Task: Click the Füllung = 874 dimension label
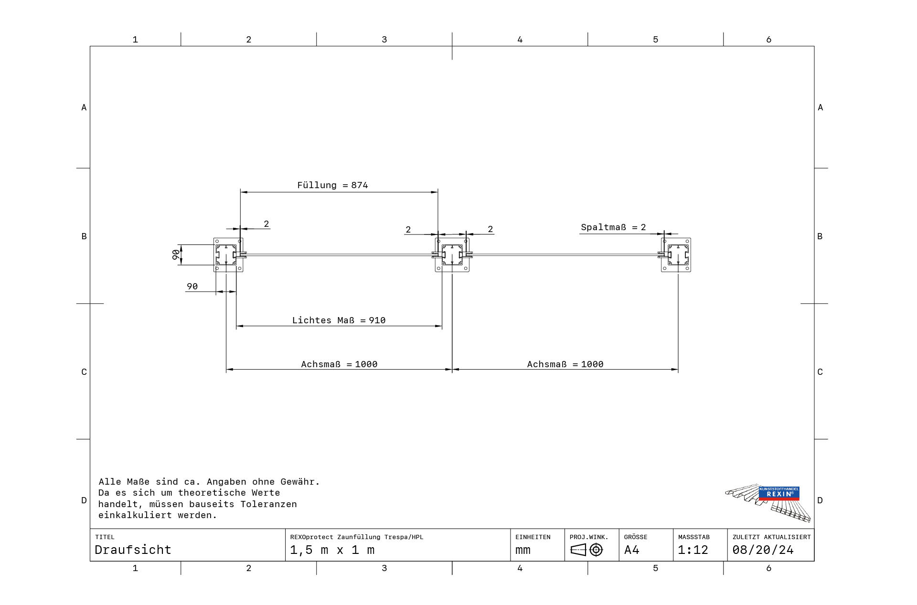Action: (332, 185)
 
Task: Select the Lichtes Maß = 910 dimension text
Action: (339, 320)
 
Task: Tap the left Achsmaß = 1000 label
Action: (339, 364)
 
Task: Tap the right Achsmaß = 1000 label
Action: (565, 364)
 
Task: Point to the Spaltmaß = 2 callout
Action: (613, 227)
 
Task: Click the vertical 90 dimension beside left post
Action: (176, 255)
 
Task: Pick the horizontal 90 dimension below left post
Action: (192, 287)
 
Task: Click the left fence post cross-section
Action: (228, 255)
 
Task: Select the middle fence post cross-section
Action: (452, 255)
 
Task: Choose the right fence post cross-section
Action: (676, 255)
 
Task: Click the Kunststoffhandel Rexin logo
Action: (768, 503)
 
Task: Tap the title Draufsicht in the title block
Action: (133, 550)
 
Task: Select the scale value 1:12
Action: (693, 550)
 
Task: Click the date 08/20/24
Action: (763, 550)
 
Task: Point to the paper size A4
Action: (631, 550)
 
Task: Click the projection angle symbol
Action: (586, 550)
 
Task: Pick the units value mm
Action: (523, 551)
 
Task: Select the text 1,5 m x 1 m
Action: (332, 550)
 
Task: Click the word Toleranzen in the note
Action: (268, 504)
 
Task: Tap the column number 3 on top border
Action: (384, 40)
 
